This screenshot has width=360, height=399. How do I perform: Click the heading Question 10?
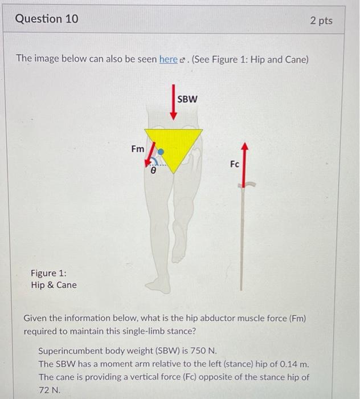pyautogui.click(x=47, y=19)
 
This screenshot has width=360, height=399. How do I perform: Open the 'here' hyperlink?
pyautogui.click(x=168, y=59)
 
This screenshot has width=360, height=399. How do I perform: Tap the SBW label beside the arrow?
pyautogui.click(x=187, y=99)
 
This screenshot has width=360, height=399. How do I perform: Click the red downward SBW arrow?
pyautogui.click(x=174, y=103)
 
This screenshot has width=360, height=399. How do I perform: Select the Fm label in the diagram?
pyautogui.click(x=138, y=149)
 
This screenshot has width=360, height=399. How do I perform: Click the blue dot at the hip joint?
pyautogui.click(x=161, y=152)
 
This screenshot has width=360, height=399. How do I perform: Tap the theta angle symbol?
pyautogui.click(x=153, y=170)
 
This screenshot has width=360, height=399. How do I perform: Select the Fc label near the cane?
pyautogui.click(x=235, y=164)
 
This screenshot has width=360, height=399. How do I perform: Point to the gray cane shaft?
pyautogui.click(x=244, y=239)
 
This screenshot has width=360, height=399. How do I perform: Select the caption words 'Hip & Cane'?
pyautogui.click(x=54, y=285)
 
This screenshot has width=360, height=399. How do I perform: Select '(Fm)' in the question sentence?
pyautogui.click(x=294, y=318)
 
